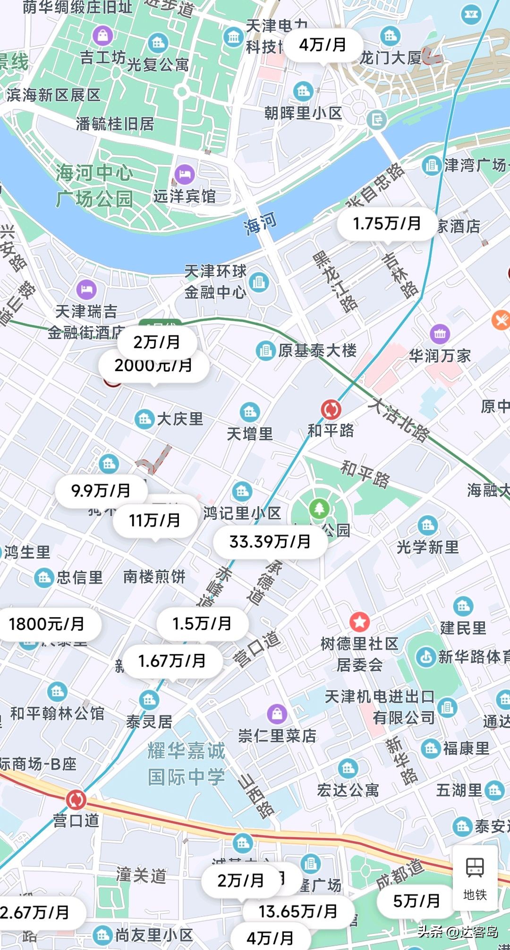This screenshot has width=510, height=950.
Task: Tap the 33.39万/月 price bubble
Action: tap(270, 542)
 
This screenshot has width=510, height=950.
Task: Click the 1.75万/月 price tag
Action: tap(387, 223)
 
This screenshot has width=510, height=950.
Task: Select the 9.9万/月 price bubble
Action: tap(101, 491)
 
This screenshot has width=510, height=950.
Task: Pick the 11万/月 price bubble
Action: tap(155, 520)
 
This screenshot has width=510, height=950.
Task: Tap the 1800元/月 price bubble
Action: tap(47, 624)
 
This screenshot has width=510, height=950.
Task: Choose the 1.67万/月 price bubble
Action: tap(172, 661)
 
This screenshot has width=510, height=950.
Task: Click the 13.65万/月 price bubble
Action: tap(298, 911)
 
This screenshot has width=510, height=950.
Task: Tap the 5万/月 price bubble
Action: tap(416, 901)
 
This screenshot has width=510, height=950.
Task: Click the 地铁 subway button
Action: tap(475, 878)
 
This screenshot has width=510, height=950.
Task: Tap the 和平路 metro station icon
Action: tap(331, 409)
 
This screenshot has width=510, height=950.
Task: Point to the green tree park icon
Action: tap(320, 509)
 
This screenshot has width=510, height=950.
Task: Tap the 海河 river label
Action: tap(260, 223)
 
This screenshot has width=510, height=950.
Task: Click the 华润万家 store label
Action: tap(440, 356)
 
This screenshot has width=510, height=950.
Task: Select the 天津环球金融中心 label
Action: tap(215, 282)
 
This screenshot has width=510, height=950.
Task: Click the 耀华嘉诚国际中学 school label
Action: tap(187, 763)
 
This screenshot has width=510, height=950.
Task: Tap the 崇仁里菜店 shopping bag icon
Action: tap(277, 713)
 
